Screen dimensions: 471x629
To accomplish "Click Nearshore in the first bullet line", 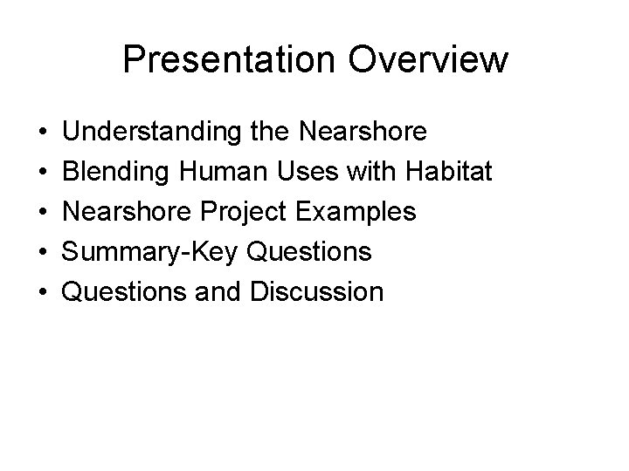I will pos(363,132).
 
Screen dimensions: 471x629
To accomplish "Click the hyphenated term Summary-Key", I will pos(153,252).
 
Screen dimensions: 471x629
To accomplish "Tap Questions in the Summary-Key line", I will pos(310,251).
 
